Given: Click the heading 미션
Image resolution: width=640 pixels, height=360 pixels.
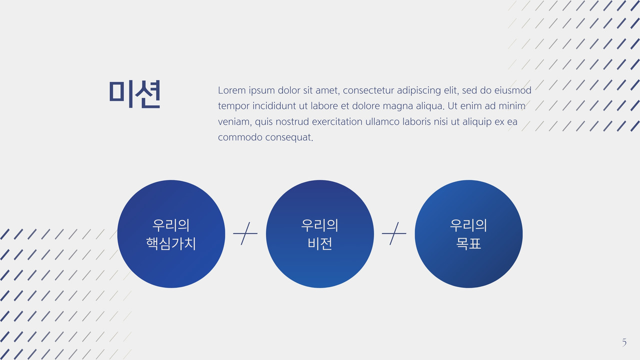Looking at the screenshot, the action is (x=134, y=94).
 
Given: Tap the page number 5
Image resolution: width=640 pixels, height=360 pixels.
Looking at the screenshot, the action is (x=624, y=342).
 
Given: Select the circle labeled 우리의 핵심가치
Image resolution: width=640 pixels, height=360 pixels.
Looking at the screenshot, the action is (x=171, y=233).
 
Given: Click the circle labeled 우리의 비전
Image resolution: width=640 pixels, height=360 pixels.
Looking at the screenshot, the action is (x=320, y=233).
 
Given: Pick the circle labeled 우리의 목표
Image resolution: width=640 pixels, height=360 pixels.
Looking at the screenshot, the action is (x=468, y=233).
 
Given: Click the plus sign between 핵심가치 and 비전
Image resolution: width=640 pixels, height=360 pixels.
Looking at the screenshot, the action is (x=245, y=233).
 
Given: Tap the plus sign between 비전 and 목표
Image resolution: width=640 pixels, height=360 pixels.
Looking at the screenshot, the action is (x=394, y=233).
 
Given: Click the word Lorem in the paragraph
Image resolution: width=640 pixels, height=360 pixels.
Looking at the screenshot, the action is (x=231, y=90).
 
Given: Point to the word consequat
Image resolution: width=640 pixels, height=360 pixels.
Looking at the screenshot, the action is (x=289, y=137).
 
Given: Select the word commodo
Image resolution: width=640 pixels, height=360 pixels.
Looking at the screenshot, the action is (x=240, y=137).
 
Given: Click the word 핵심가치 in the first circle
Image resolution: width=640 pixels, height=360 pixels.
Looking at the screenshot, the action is (x=171, y=243).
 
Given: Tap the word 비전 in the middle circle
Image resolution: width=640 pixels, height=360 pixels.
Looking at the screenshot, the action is (x=320, y=243).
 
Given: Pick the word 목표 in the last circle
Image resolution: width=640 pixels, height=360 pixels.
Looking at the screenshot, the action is (x=468, y=243).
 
